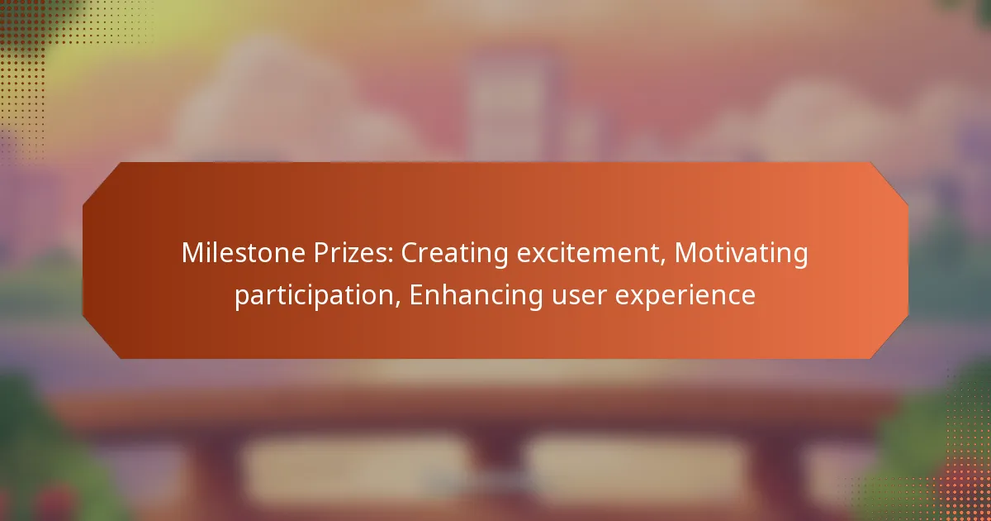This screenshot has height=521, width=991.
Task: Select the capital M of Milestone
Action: pos(192,254)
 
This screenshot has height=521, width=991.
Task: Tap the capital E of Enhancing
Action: pos(415,294)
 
